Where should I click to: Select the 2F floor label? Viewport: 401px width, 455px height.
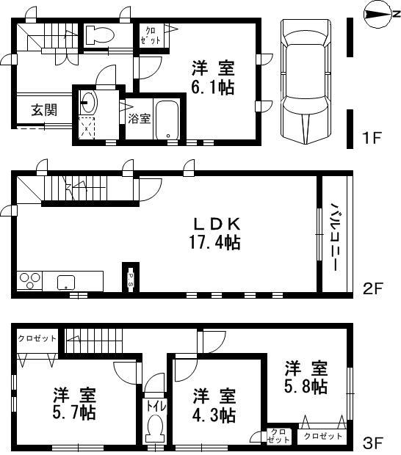coord(373,288)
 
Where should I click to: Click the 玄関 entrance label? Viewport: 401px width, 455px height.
coord(42,111)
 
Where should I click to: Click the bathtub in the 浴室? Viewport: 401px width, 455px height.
coord(170,119)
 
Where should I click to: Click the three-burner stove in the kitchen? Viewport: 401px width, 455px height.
coord(30,281)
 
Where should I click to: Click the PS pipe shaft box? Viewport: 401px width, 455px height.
coord(130,279)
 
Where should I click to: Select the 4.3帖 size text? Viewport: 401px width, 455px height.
coord(214,415)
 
